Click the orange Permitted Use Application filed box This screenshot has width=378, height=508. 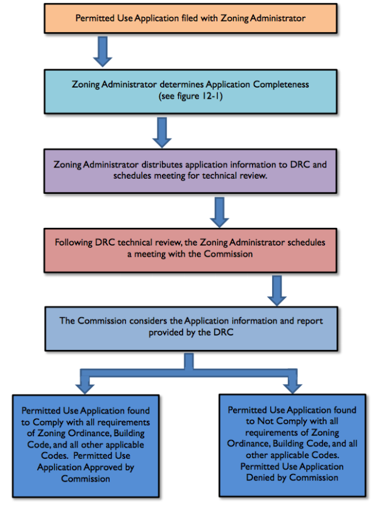pyautogui.click(x=190, y=18)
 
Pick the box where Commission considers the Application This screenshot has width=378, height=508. pyautogui.click(x=191, y=326)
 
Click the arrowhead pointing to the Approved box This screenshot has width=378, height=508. pyautogui.click(x=86, y=383)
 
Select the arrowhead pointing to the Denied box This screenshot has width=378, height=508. pyautogui.click(x=292, y=383)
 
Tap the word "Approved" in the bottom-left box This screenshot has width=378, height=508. pyautogui.click(x=107, y=468)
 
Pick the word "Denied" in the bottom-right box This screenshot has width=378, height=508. pyautogui.click(x=270, y=477)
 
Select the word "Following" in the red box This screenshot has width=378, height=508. pyautogui.click(x=74, y=242)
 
